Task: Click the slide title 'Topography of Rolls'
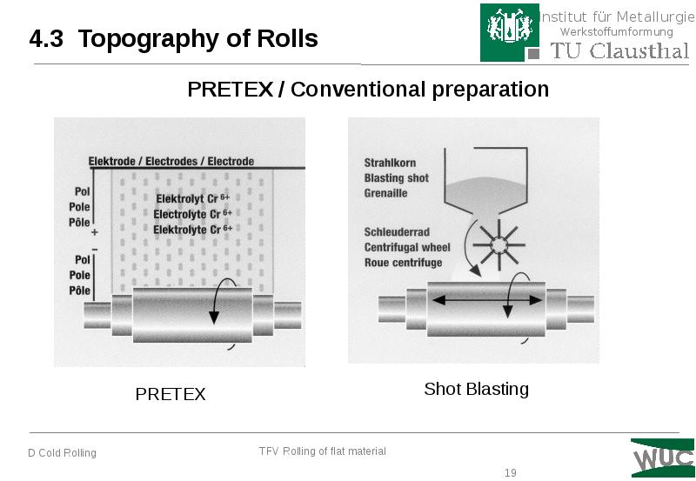(x=197, y=39)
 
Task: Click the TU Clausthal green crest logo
(x=503, y=32)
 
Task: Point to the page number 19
(x=510, y=473)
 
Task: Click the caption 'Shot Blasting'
(x=476, y=389)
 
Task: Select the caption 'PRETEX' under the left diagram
(x=171, y=394)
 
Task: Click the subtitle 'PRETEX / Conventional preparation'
(x=368, y=90)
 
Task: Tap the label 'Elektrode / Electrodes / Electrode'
(x=171, y=161)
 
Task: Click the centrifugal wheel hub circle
(x=500, y=247)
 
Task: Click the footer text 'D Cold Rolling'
(x=62, y=453)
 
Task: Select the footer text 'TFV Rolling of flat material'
(x=322, y=451)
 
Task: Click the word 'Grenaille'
(x=386, y=192)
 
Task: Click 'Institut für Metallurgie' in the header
(x=615, y=17)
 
